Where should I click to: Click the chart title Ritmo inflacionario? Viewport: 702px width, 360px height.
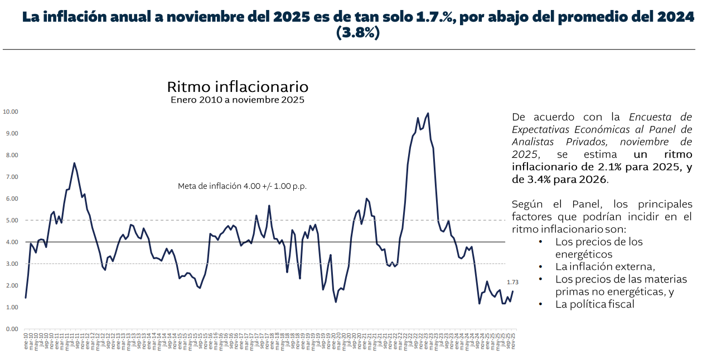(x=238, y=87)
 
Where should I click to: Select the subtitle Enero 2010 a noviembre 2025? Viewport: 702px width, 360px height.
(x=238, y=100)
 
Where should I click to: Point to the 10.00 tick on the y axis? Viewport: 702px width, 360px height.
(x=11, y=111)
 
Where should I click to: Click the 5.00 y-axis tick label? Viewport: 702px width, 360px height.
(x=11, y=220)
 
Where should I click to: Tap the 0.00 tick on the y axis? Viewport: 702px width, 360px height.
(x=11, y=329)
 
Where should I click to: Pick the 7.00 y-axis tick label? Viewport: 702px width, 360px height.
(x=11, y=177)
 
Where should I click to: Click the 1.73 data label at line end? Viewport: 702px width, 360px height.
(x=512, y=283)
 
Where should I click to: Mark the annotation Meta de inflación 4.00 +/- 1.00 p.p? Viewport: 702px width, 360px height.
(x=242, y=186)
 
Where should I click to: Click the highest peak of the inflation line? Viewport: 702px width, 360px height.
(x=428, y=113)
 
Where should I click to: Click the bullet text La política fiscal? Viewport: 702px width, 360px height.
(x=595, y=304)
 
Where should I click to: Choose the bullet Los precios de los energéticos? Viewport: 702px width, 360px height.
(x=599, y=247)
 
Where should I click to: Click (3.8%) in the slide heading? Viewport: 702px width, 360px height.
(x=358, y=33)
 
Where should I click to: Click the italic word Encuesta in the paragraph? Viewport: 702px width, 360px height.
(x=650, y=117)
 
